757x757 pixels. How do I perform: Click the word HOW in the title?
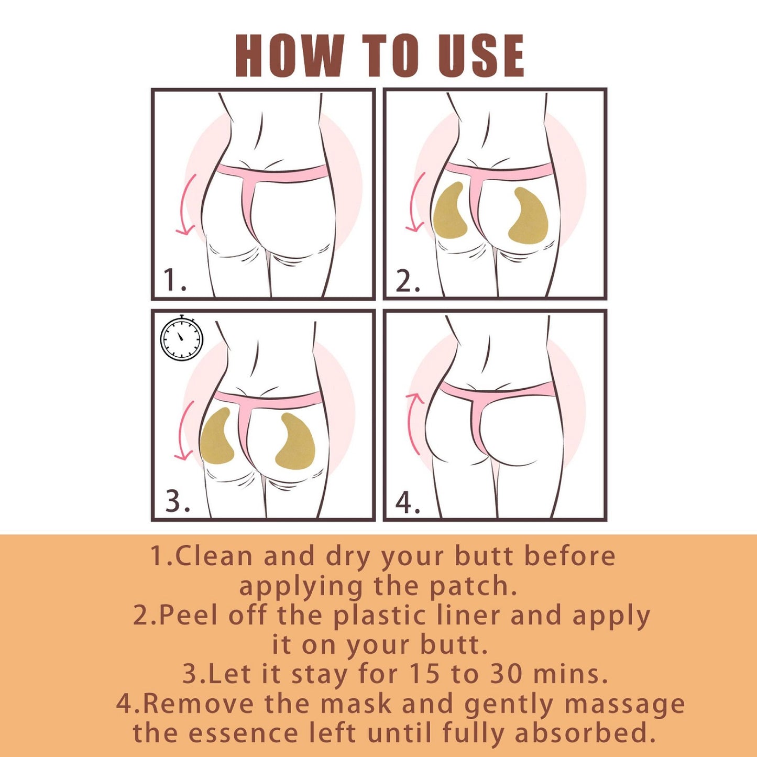tap(289, 56)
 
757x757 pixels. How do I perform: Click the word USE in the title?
tap(481, 56)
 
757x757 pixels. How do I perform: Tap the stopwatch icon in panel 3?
tap(181, 338)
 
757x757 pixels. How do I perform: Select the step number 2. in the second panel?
tap(408, 281)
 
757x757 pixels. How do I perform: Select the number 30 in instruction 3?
tap(506, 674)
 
